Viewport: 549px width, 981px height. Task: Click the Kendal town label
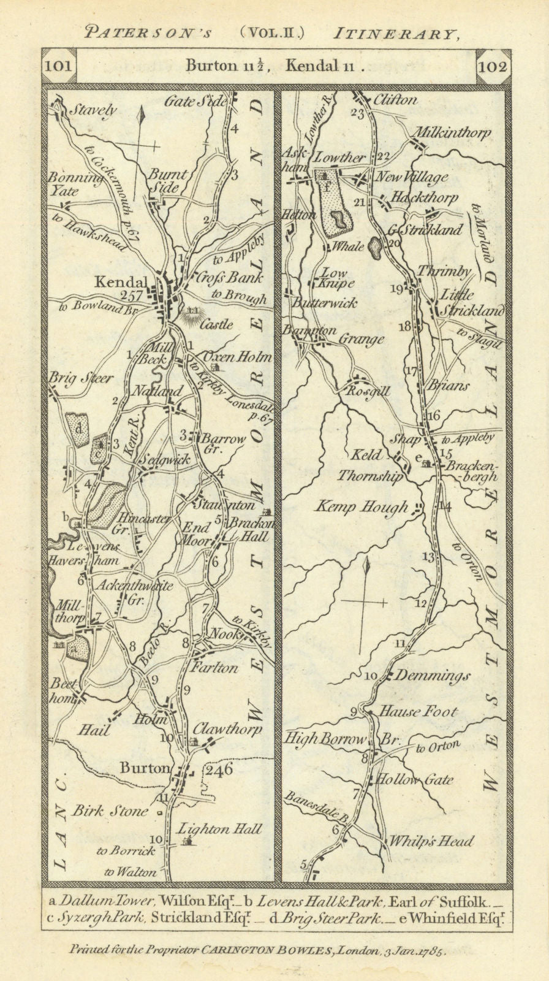(x=120, y=283)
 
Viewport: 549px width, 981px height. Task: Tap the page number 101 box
(x=59, y=66)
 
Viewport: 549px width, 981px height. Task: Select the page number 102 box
(x=493, y=66)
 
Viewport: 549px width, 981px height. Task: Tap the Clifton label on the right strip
(x=394, y=100)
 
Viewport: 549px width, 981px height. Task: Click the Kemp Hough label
(x=361, y=506)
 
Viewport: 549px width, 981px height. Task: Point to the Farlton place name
(x=214, y=668)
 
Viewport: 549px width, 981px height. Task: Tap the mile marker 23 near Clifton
(x=357, y=113)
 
